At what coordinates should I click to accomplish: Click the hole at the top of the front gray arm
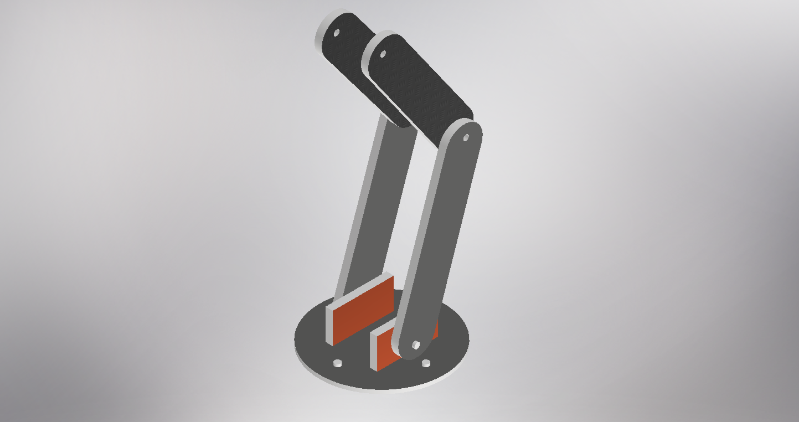tap(466, 137)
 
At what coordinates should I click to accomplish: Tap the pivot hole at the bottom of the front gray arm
tap(415, 344)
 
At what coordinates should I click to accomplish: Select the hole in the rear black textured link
tap(336, 33)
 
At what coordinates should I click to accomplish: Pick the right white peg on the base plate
tap(426, 363)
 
